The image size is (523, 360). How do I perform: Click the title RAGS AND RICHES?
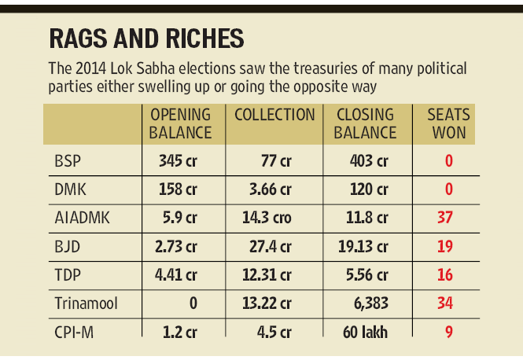click(x=146, y=39)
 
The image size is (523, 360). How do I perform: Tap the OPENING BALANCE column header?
click(x=180, y=123)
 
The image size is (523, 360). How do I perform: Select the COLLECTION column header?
click(x=274, y=115)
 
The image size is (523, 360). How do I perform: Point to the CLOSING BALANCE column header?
click(x=365, y=123)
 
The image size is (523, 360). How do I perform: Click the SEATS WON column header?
click(x=448, y=123)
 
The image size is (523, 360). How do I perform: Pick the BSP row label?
click(x=68, y=161)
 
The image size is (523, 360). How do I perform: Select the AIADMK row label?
click(x=82, y=218)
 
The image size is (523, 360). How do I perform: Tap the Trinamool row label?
click(x=86, y=303)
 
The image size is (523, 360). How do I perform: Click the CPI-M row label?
click(x=74, y=332)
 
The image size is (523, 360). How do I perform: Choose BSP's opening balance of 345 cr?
click(x=178, y=161)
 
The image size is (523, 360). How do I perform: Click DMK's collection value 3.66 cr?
click(x=271, y=189)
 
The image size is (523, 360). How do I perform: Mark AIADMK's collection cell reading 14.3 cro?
click(x=267, y=218)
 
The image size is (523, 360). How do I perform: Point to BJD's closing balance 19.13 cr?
click(x=363, y=247)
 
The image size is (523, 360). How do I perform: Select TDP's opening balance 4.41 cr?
click(x=176, y=275)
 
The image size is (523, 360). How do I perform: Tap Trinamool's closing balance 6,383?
click(x=371, y=303)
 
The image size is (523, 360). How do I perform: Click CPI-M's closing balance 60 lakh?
click(x=365, y=332)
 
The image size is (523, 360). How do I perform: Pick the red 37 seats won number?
click(x=445, y=218)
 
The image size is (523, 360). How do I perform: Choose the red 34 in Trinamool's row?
click(x=445, y=303)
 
